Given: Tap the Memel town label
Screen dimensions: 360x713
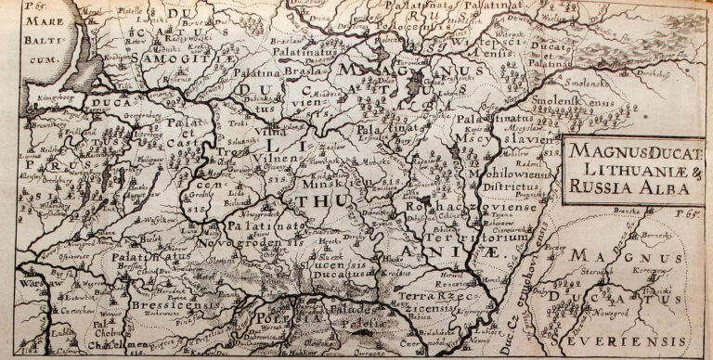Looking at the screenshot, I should (x=92, y=14).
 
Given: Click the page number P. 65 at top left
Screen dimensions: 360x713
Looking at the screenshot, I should (x=14, y=6).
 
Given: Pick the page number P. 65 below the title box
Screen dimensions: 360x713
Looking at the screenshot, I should (x=695, y=214).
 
